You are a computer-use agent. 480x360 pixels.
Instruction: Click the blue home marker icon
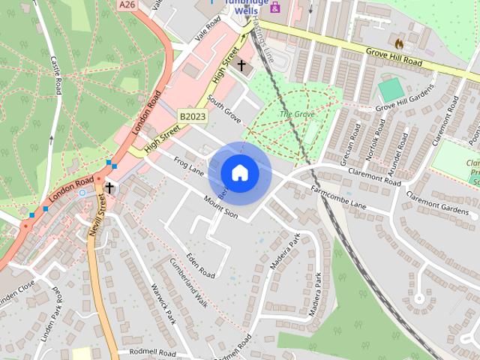coord(240,173)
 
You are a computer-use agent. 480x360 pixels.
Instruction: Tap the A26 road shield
coord(127,5)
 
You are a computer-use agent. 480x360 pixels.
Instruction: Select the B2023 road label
coord(192,116)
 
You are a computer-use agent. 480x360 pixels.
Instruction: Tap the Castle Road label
coord(56,76)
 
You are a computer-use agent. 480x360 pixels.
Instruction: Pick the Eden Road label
coord(201,264)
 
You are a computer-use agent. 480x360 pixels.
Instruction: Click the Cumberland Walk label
coord(188,284)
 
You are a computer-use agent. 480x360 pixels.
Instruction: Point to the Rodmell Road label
coord(152,352)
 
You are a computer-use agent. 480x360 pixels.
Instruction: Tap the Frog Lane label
coord(189,166)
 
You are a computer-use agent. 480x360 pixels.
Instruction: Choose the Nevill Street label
coord(97,214)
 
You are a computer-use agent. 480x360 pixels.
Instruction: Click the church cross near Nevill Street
coord(109,187)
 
